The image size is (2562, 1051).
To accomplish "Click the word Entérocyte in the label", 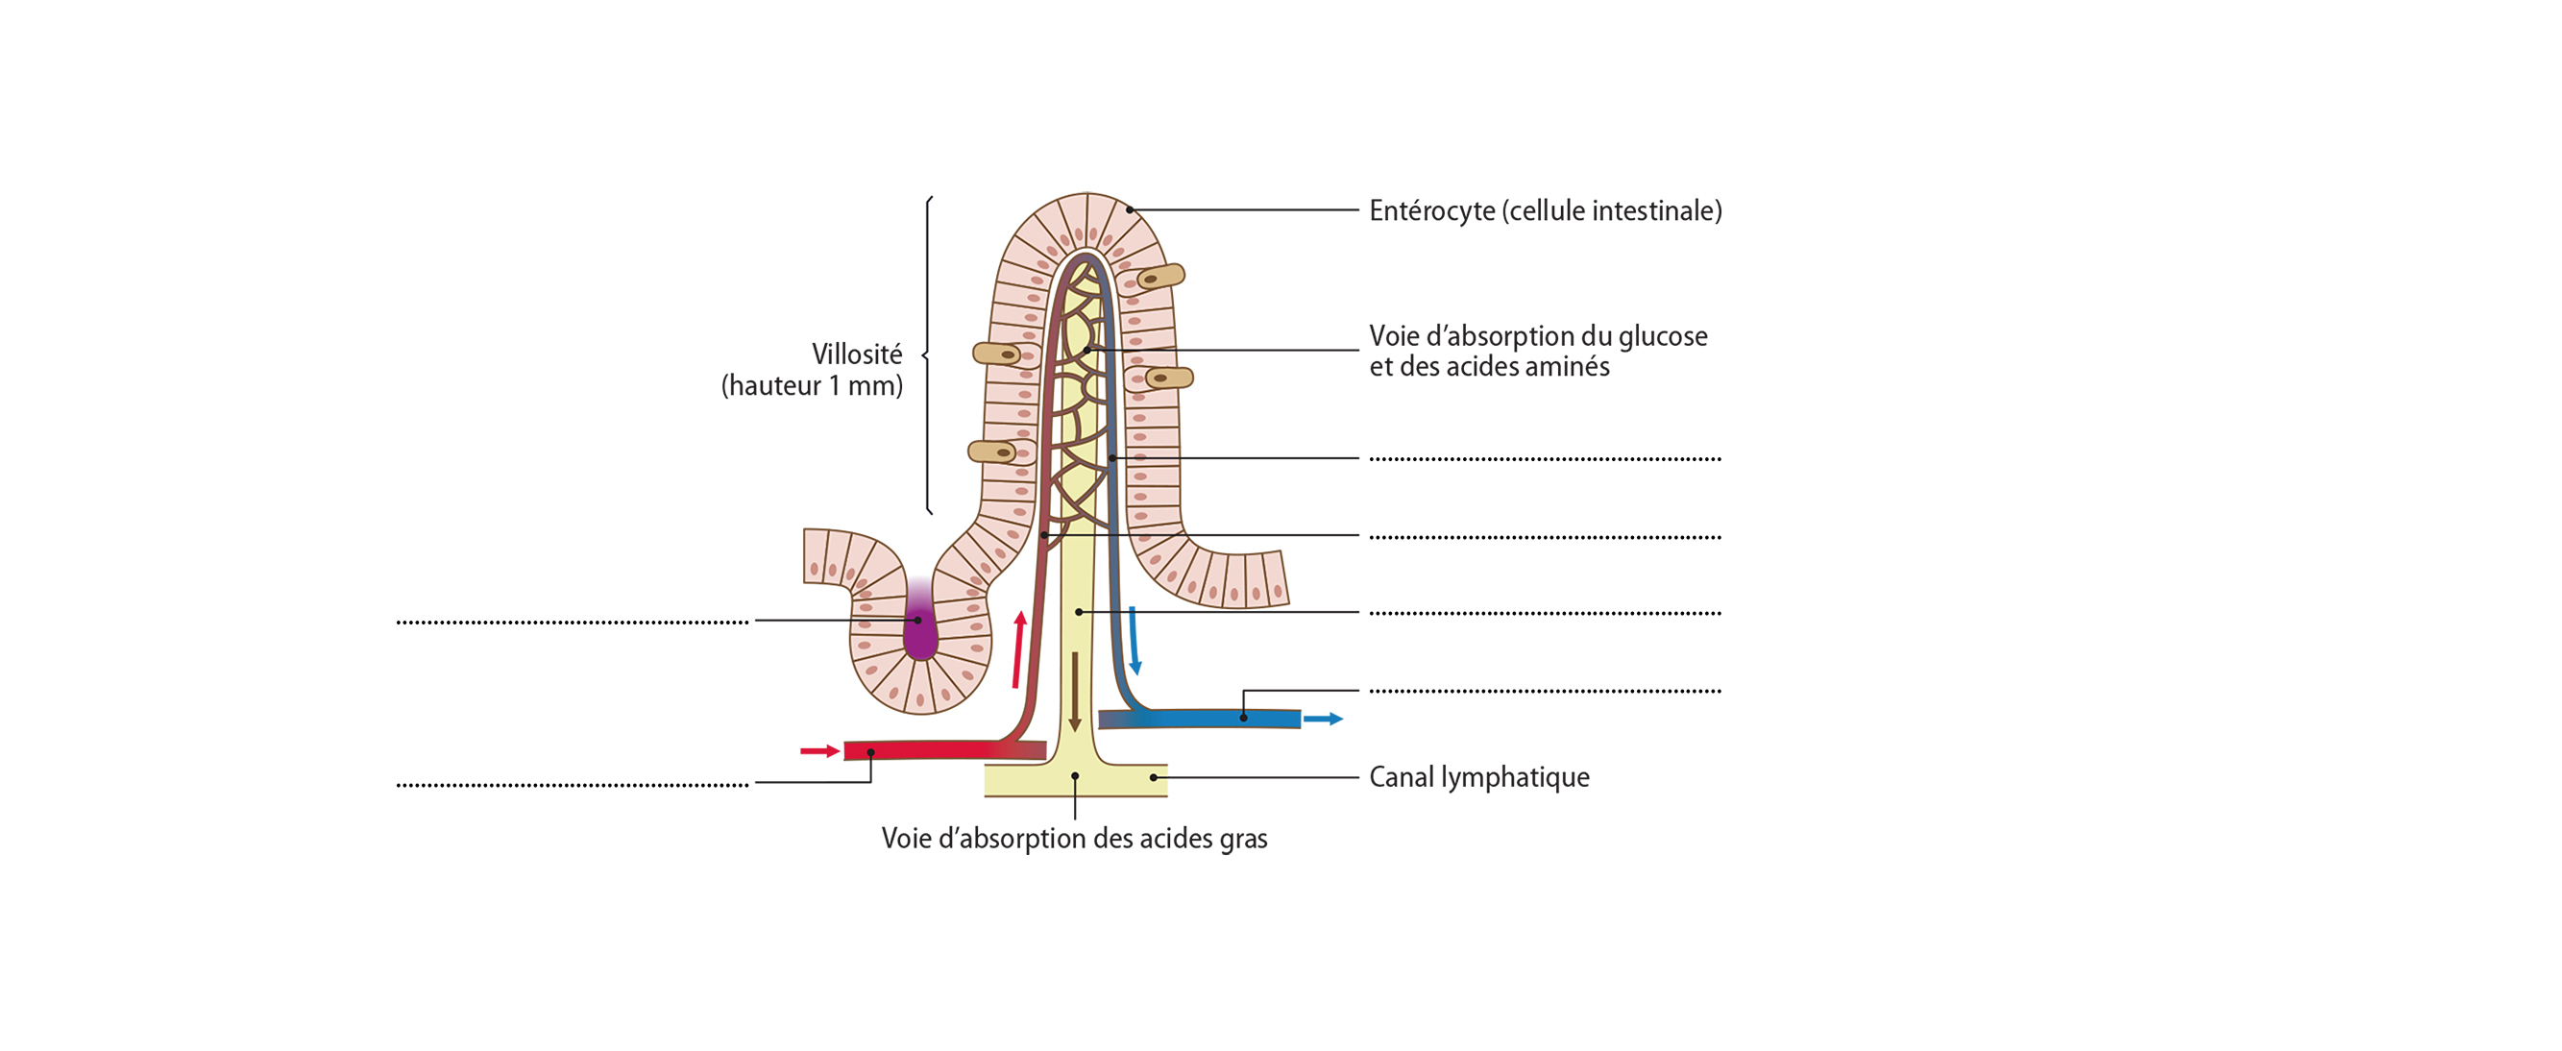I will click(x=1431, y=210).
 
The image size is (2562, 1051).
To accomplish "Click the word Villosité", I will click(x=856, y=354).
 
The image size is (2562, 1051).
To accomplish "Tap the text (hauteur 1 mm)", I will click(x=812, y=386).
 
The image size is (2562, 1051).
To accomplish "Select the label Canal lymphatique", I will click(x=1479, y=777).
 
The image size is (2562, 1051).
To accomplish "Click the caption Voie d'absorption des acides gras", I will click(x=1074, y=840).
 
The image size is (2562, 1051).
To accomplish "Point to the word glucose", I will click(x=1663, y=336).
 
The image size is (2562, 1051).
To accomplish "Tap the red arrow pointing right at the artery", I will click(x=819, y=750).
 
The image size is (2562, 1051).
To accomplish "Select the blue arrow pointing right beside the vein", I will click(x=1323, y=719).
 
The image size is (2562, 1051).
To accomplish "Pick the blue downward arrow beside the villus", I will click(x=1134, y=641).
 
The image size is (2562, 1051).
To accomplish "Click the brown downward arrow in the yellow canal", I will click(x=1074, y=691).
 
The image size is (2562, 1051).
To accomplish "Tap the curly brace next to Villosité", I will click(x=928, y=354).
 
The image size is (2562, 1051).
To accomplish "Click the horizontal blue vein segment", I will click(x=1204, y=718).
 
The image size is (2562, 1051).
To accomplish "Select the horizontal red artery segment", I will click(x=925, y=749).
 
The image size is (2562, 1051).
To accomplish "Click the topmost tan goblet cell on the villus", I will click(x=1159, y=277).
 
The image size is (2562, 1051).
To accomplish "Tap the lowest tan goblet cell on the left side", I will click(x=991, y=452).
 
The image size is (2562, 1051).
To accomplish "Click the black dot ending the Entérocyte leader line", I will click(x=1129, y=209).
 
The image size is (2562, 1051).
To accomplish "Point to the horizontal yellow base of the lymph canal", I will click(x=1075, y=780).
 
